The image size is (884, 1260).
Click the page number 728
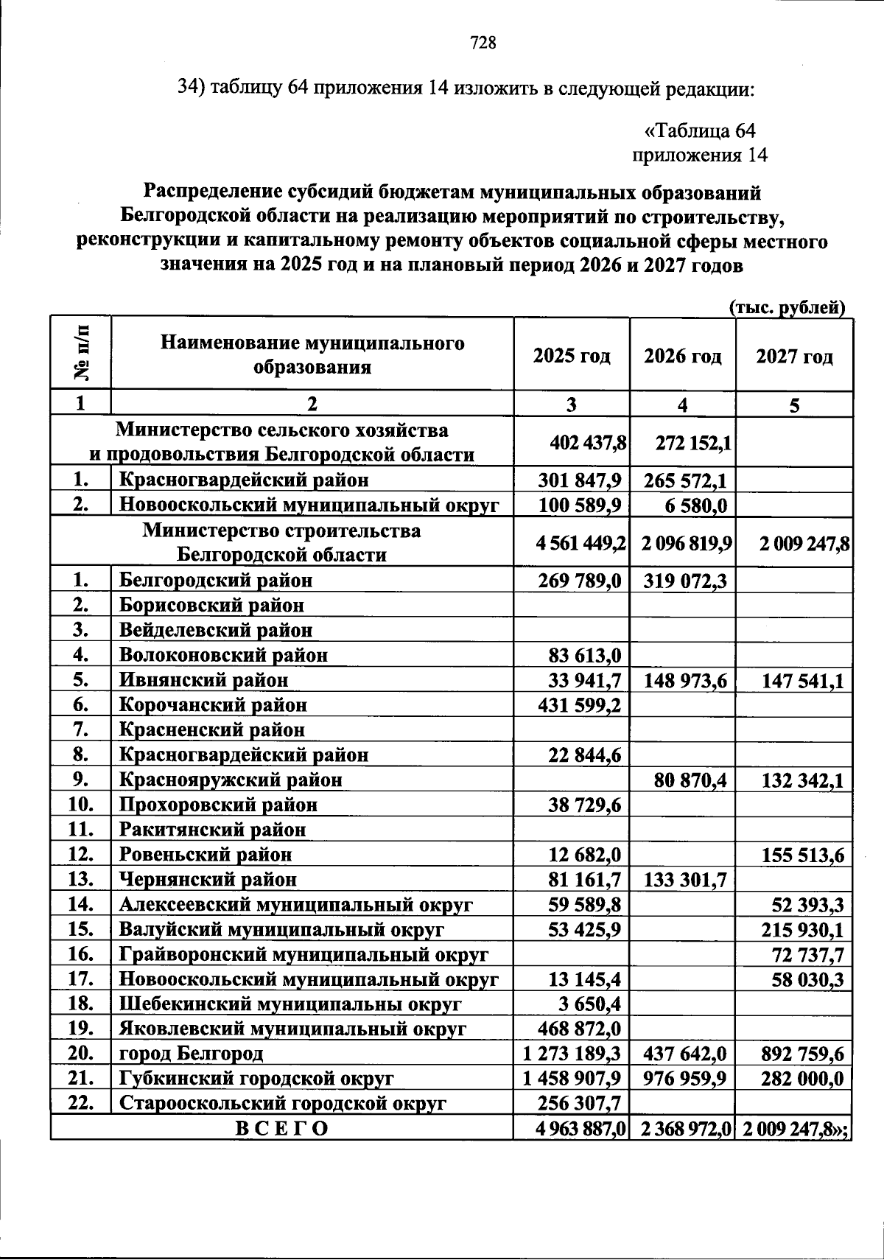484,43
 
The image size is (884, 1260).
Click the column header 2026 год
682,357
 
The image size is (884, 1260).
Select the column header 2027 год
794,357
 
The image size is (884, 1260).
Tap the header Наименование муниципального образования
312,355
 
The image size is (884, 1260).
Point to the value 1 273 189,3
572,1054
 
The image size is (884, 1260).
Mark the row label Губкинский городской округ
256,1079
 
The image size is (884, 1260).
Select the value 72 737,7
808,955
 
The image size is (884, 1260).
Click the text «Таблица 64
699,131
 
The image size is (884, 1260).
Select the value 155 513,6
802,855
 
